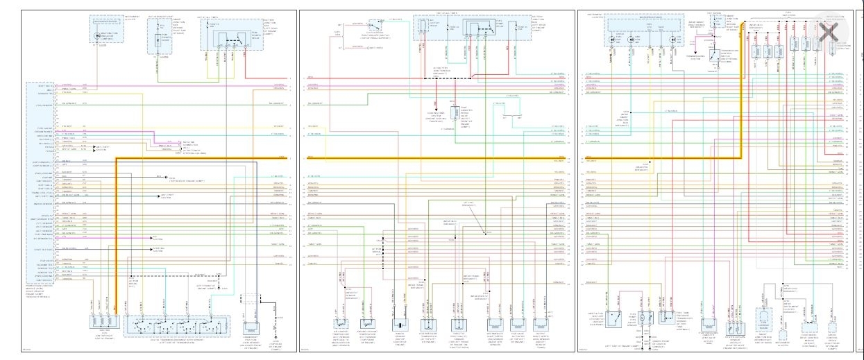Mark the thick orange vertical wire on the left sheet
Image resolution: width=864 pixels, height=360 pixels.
(x=115, y=229)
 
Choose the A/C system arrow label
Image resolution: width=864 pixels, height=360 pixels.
(x=154, y=237)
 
